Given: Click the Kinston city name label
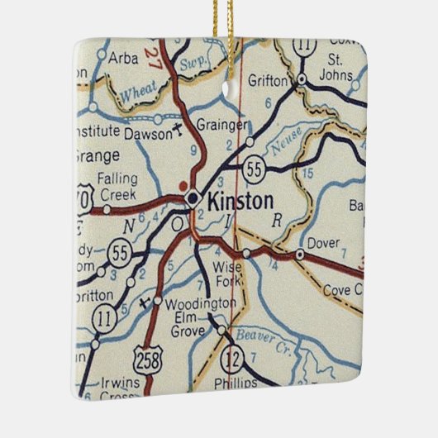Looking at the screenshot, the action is coord(240,201).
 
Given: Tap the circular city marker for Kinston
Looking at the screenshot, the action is coord(193,198).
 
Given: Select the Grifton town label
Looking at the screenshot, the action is coord(268,82).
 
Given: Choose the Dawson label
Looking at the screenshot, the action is coord(149,131).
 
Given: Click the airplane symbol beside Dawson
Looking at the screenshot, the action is coord(180,131).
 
